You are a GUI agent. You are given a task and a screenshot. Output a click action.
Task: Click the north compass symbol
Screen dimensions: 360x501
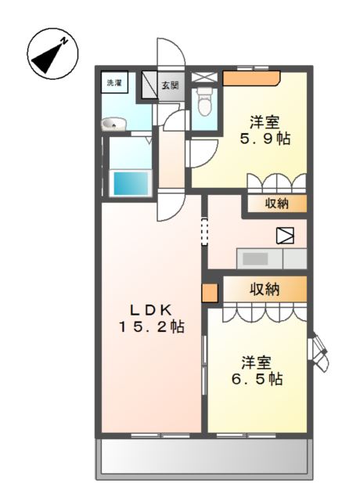click(52, 53)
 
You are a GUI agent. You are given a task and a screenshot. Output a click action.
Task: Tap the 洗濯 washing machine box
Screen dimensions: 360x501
click(115, 82)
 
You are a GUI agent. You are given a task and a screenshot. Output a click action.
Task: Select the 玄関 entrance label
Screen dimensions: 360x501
click(170, 85)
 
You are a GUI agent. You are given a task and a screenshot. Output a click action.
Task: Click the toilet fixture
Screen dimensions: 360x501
click(203, 101)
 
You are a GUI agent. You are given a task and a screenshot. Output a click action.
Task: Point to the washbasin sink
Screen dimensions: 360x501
click(113, 124)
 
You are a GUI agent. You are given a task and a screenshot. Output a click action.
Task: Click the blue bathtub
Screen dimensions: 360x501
click(131, 183)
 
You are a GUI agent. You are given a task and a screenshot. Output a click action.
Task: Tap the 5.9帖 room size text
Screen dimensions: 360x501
click(265, 139)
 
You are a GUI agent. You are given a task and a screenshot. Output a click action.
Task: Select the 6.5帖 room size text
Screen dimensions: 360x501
click(257, 379)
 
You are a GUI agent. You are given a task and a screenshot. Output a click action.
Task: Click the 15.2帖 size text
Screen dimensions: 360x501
click(151, 327)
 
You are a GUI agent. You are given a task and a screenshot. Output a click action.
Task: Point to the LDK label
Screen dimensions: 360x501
click(151, 309)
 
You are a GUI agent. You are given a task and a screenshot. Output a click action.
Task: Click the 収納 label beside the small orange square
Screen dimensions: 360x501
click(265, 289)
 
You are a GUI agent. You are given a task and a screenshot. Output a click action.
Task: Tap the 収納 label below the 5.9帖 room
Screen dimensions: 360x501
click(276, 204)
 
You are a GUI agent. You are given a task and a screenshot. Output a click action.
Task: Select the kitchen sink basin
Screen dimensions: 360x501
click(255, 258)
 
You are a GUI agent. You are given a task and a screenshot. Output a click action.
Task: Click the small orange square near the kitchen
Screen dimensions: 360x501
click(210, 293)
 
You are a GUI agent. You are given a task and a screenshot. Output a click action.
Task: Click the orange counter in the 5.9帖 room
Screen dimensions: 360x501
click(251, 78)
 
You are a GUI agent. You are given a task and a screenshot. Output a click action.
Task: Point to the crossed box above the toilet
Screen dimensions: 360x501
click(204, 77)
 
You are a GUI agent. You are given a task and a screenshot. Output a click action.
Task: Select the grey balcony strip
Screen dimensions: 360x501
click(205, 456)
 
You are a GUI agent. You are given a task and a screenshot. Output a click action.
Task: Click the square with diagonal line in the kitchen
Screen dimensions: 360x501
click(285, 236)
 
